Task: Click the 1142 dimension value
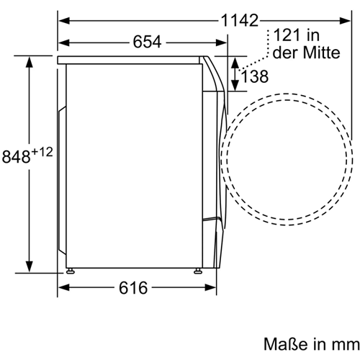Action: [x=239, y=20]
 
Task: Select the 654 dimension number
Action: [x=147, y=42]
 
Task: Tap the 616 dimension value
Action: [x=133, y=288]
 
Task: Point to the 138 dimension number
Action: [x=254, y=76]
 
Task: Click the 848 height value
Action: [x=16, y=157]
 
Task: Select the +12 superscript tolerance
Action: [x=42, y=152]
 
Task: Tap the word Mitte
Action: [x=322, y=53]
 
